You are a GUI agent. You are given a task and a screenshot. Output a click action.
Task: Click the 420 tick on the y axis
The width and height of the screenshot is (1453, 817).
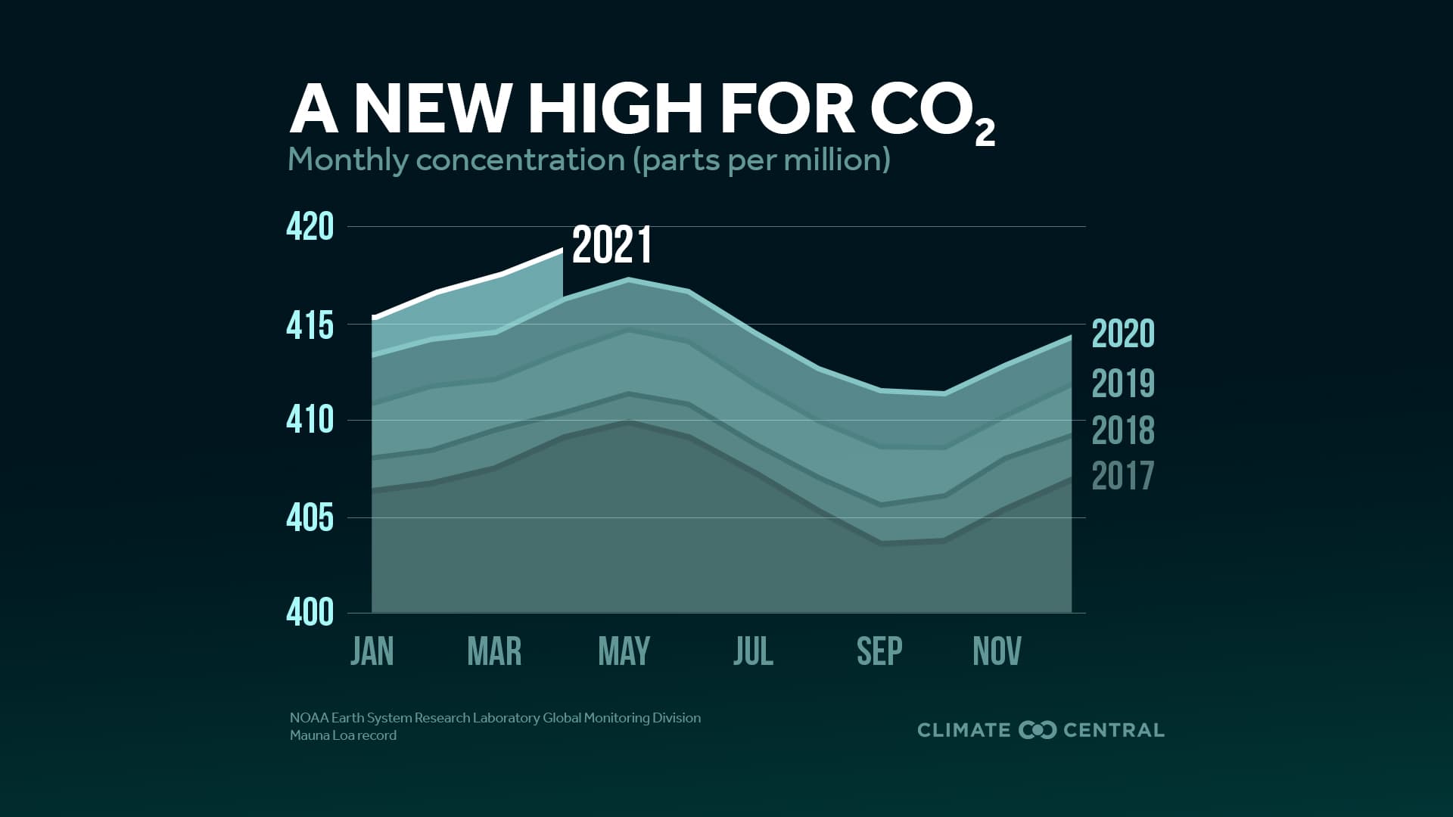[x=310, y=227]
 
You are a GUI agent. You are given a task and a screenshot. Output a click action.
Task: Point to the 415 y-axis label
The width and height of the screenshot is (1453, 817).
[x=310, y=326]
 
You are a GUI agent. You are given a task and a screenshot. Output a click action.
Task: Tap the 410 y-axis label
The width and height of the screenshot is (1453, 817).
[x=310, y=420]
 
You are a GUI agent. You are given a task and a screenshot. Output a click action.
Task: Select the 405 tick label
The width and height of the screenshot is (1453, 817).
[x=310, y=518]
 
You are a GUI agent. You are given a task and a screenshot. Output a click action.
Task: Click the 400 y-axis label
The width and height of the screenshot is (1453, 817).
[x=310, y=613]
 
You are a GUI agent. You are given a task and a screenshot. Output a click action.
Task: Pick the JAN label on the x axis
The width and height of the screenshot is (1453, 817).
[x=372, y=651]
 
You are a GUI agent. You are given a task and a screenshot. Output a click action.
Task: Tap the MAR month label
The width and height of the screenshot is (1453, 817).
[x=494, y=651]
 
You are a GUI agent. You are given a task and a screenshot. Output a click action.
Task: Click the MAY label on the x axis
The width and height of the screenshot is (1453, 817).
[x=624, y=651]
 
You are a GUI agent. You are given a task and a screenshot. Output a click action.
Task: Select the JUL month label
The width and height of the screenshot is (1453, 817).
[x=753, y=651]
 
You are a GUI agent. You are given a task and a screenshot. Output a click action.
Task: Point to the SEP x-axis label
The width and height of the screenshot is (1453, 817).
[x=879, y=651]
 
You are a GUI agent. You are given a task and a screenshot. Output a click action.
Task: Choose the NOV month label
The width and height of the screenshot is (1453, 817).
[x=997, y=651]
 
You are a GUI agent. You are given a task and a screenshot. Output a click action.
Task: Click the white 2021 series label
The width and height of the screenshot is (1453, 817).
[x=611, y=246]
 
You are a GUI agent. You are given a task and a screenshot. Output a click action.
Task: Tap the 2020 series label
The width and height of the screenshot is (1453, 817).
[x=1123, y=334]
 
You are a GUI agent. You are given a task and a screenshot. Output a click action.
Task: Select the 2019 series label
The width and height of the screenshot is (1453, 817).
[x=1123, y=384]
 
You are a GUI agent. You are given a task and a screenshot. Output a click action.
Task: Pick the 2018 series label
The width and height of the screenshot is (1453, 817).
[x=1123, y=430]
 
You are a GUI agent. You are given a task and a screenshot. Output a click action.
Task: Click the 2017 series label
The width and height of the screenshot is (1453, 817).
[x=1123, y=477]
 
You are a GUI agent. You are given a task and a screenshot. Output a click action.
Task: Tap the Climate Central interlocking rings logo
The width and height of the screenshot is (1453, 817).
[x=1037, y=730]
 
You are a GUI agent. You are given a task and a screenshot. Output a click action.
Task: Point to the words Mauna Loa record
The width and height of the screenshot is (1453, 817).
[x=343, y=735]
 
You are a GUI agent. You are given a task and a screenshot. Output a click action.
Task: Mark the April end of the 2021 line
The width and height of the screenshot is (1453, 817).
[x=562, y=250]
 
